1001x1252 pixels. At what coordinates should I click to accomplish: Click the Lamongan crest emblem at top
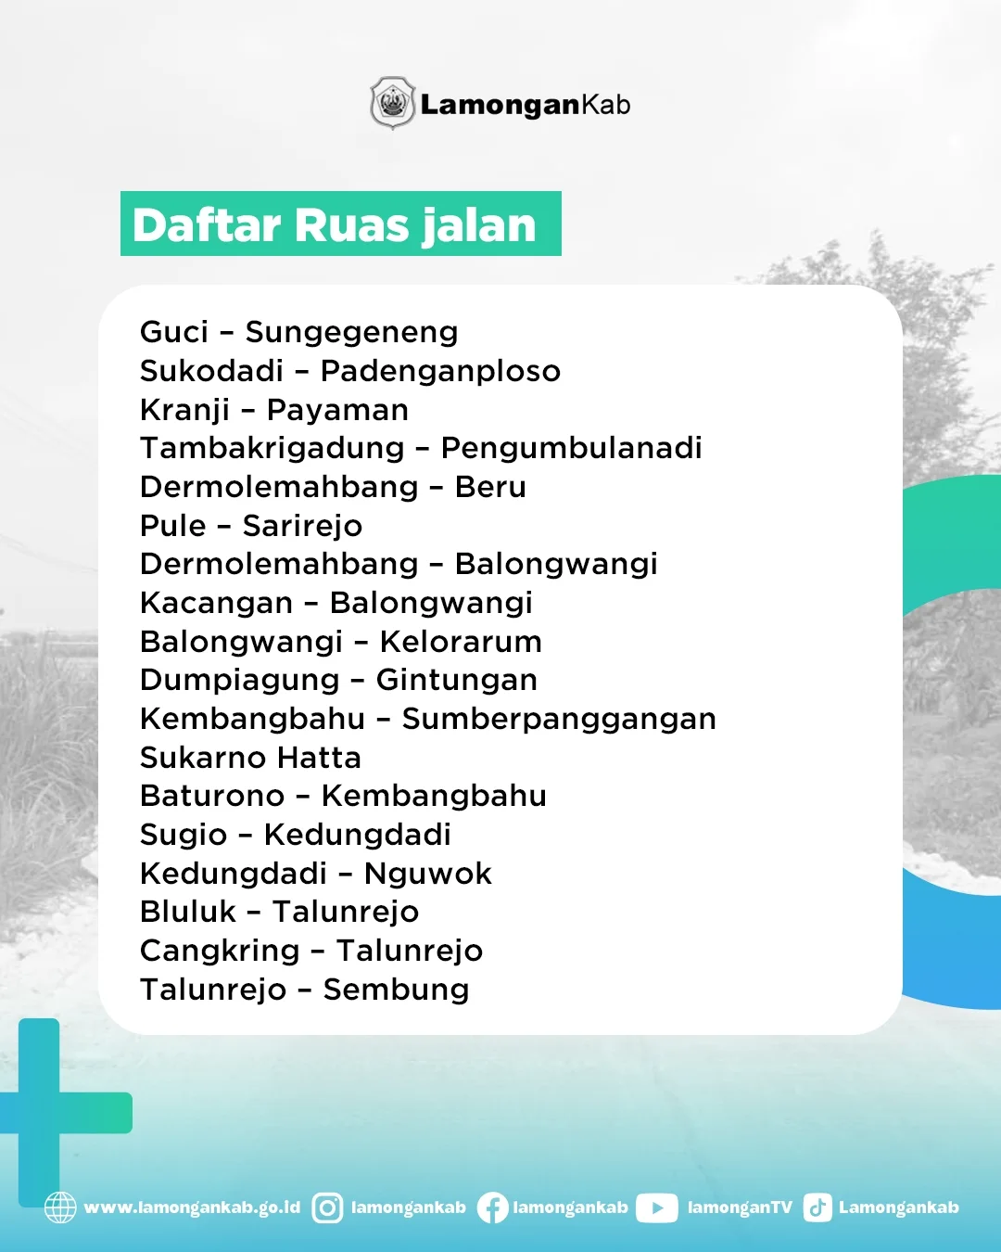[x=393, y=103]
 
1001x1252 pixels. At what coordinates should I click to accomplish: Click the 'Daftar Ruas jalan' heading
[x=334, y=225]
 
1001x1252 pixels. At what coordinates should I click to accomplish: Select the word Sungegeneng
[x=352, y=333]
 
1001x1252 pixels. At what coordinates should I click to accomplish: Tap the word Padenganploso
[x=441, y=372]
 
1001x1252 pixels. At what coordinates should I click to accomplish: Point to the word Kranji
[x=184, y=411]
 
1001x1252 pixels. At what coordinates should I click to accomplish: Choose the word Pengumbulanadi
[x=571, y=449]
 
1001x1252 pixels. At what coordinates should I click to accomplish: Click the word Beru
[x=490, y=487]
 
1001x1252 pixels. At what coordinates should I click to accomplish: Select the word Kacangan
[x=216, y=604]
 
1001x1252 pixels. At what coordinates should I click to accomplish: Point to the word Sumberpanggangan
[x=559, y=720]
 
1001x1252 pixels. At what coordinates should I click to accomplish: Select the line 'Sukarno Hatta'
[x=250, y=758]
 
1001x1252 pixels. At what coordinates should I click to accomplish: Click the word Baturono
[x=212, y=796]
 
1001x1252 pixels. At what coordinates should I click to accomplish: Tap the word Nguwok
[x=428, y=874]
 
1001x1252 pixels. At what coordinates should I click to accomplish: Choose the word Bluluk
[x=188, y=912]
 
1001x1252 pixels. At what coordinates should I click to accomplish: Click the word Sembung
[x=396, y=990]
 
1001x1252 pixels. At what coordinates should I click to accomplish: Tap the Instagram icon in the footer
[x=327, y=1207]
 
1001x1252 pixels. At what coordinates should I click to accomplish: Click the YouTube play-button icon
[x=656, y=1207]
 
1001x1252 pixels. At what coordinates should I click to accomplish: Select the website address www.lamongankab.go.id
[x=192, y=1207]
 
